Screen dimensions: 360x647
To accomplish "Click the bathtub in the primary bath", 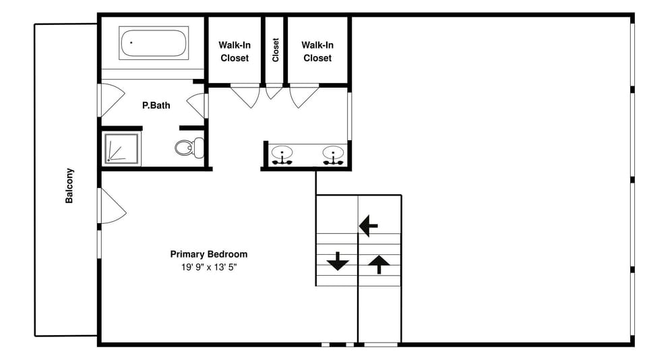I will [x=154, y=44].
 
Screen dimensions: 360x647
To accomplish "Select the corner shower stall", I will [x=122, y=148].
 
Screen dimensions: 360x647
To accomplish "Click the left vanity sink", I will [x=282, y=154].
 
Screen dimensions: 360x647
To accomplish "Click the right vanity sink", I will [x=332, y=154].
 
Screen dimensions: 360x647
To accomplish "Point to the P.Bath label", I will [x=156, y=105].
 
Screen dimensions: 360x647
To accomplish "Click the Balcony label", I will [x=69, y=185].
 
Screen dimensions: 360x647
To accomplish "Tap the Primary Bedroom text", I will [x=208, y=254].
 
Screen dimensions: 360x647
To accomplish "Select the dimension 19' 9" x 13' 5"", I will [x=208, y=267].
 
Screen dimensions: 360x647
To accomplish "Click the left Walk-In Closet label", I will [x=234, y=51].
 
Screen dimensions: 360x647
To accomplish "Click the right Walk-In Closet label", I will [x=317, y=51].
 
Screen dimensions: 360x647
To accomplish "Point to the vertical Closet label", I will [x=276, y=50].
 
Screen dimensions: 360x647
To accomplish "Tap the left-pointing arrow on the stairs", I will [x=368, y=226].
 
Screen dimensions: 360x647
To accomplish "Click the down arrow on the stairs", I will [x=337, y=261].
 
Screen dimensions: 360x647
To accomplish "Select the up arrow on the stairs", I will [x=379, y=264].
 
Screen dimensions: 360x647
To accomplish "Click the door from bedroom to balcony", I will [x=111, y=206].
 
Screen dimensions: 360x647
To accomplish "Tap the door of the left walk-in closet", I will [x=246, y=95].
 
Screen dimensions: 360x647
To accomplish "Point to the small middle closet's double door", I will [x=274, y=91].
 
